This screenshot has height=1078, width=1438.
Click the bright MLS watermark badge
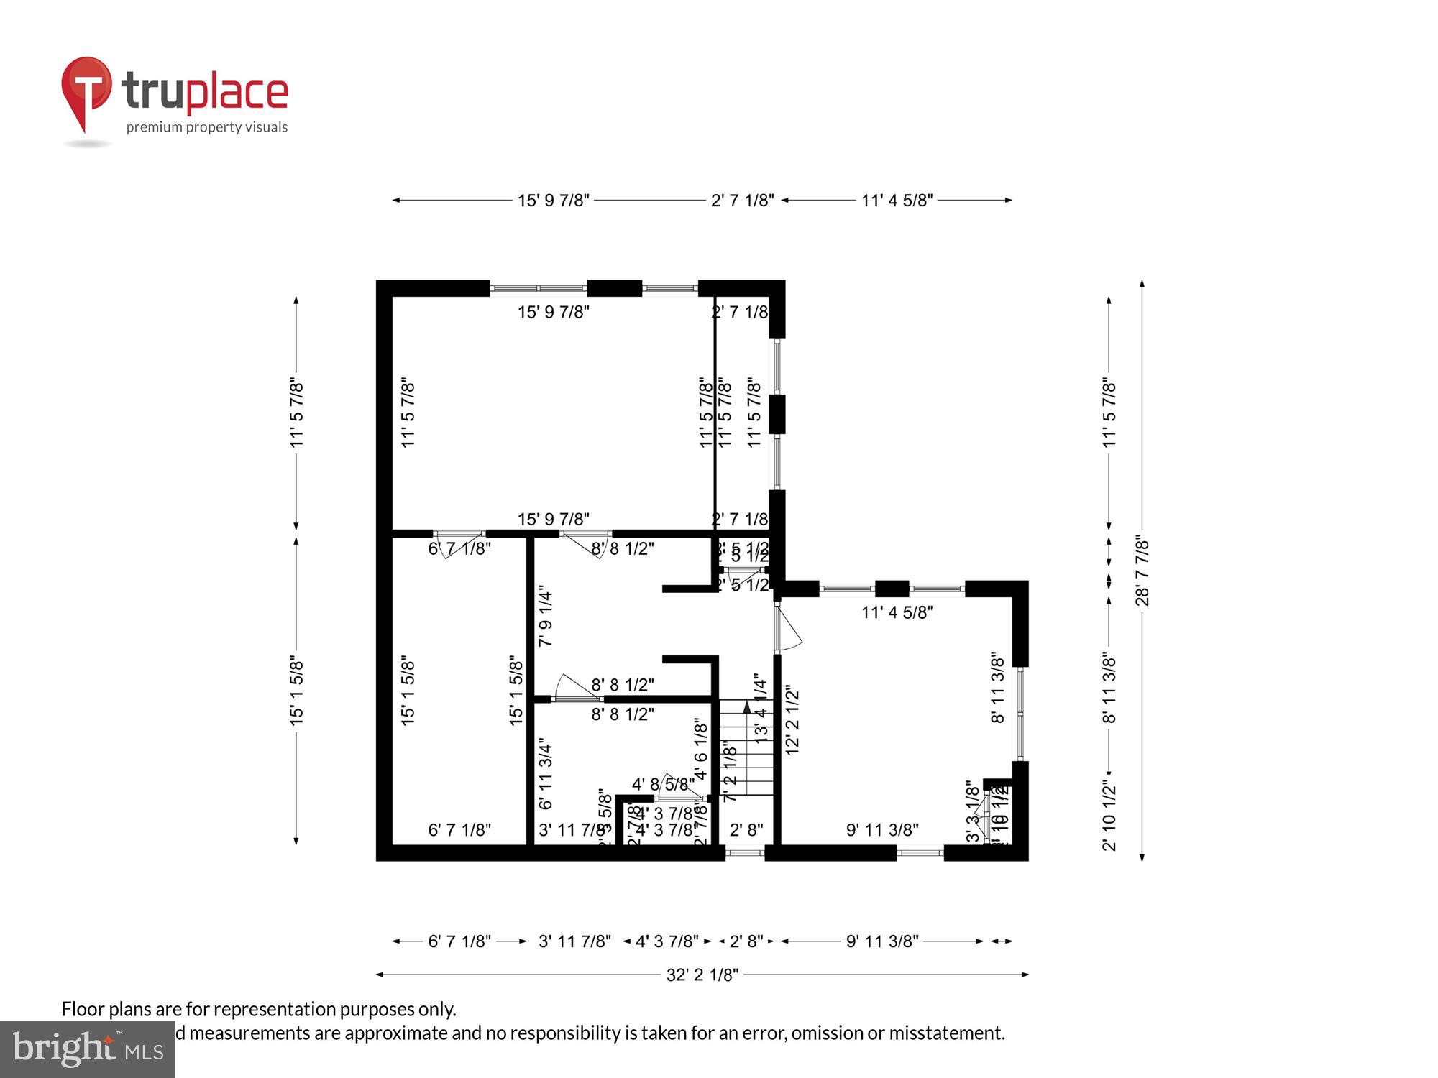87,1049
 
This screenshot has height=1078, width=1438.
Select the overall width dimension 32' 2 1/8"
702,975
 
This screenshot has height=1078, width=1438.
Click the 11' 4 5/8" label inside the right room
897,612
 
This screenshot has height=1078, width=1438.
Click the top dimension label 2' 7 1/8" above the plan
742,201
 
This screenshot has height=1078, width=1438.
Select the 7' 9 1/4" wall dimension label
546,618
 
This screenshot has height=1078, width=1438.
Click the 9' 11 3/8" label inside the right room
882,830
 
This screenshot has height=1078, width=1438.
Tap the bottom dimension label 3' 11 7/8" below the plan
574,941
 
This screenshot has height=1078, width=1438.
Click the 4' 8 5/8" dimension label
663,784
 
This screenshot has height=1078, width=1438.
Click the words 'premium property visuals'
207,127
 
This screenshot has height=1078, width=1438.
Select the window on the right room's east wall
1020,714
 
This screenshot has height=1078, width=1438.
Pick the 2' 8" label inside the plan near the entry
746,830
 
